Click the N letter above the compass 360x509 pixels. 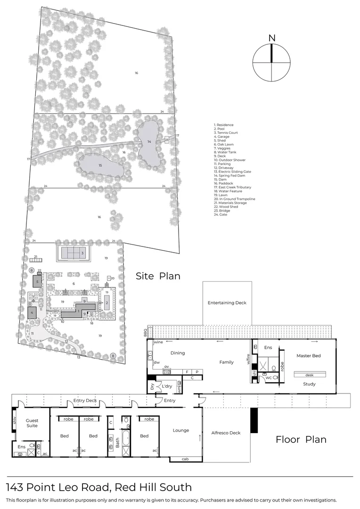point(271,38)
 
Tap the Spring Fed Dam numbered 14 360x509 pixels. point(149,141)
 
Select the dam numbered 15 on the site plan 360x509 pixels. point(100,165)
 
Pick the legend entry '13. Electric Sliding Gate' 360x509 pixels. point(232,172)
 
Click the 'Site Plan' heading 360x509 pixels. point(158,276)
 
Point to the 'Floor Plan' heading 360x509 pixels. point(301,439)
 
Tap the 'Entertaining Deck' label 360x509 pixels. point(227,303)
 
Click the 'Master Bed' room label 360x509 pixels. point(309,356)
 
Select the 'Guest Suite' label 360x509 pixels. point(32,423)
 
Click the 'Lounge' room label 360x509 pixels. point(180,430)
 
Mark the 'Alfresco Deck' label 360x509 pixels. point(226,433)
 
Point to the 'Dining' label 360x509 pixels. point(178,353)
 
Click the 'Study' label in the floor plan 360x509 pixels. point(309,384)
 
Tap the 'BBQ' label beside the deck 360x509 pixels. point(145,332)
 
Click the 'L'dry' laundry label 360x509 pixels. point(167,386)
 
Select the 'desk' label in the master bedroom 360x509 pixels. point(309,375)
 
